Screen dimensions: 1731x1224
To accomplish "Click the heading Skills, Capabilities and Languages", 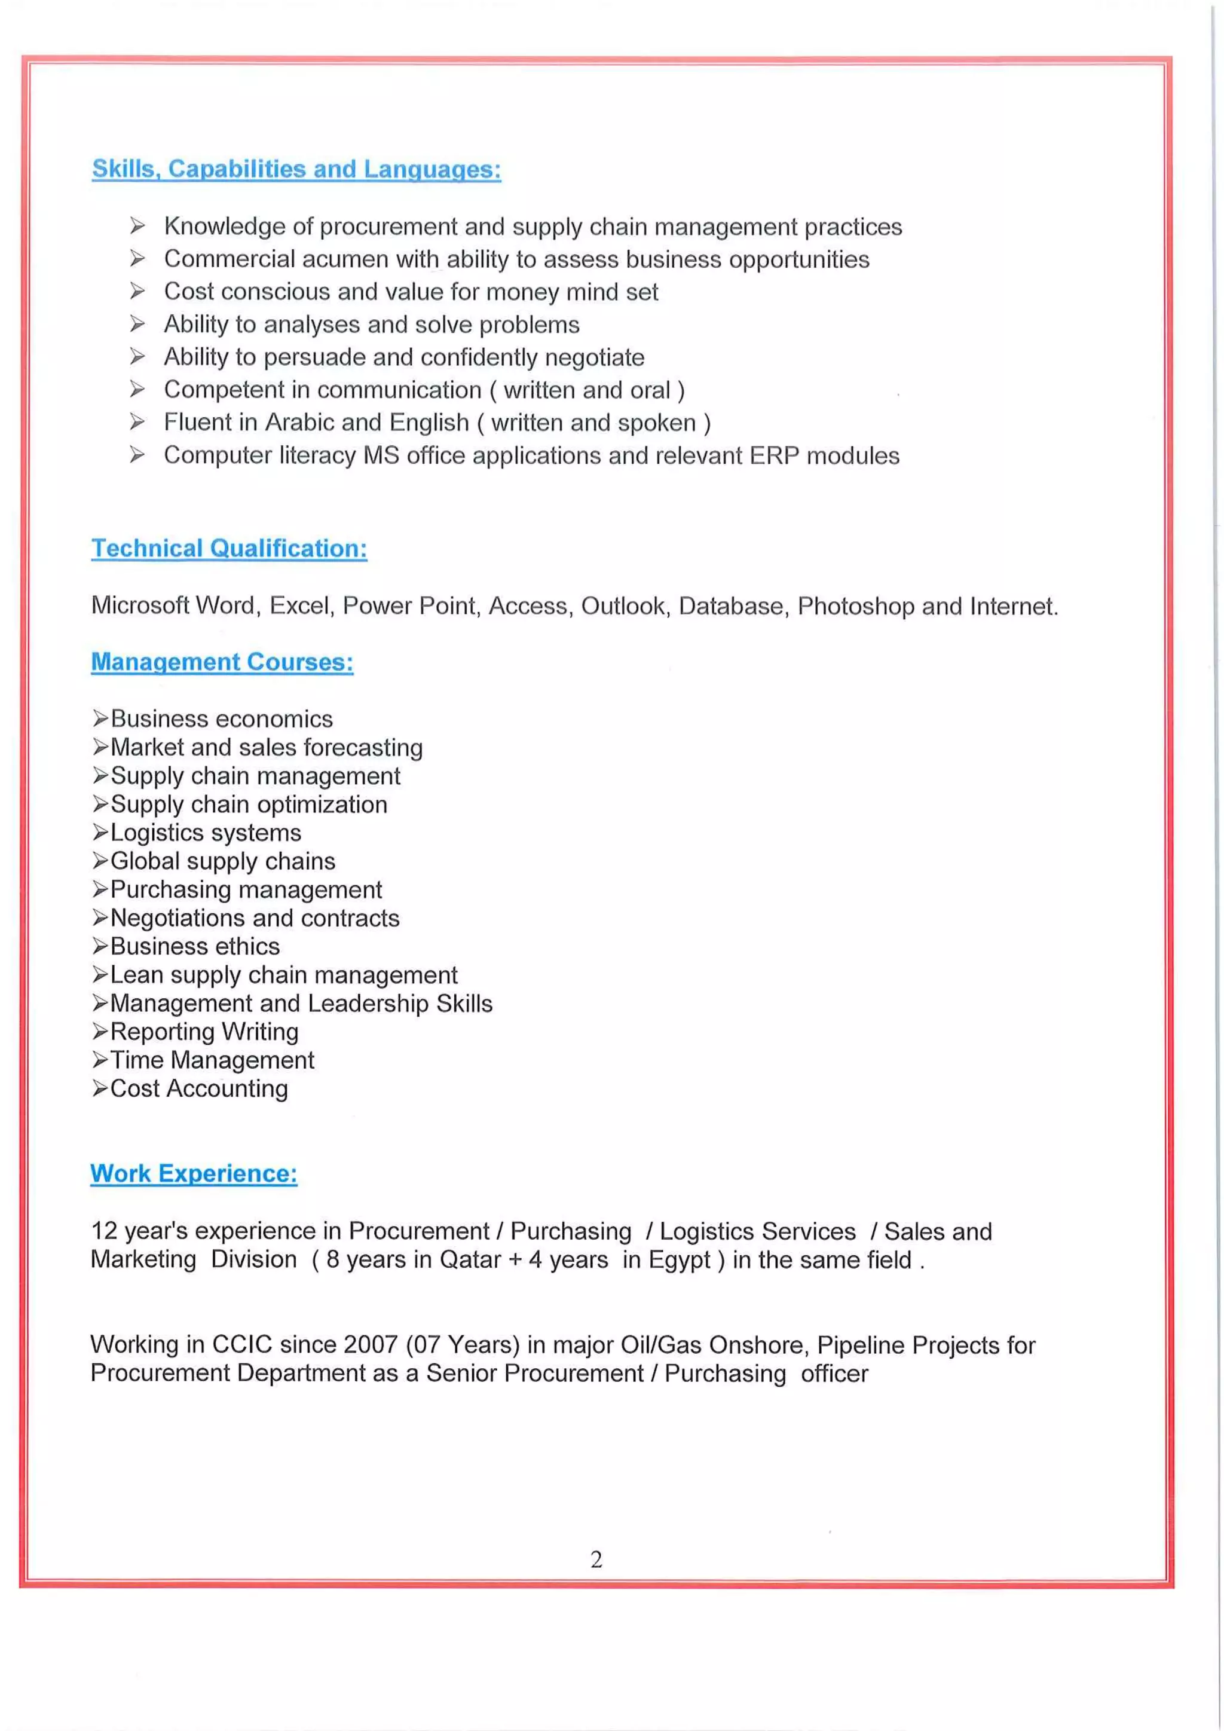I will [296, 169].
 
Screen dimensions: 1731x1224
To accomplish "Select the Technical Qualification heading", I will [229, 548].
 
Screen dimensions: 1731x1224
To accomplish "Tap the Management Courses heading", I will [222, 662].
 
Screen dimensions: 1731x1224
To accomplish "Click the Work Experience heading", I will [194, 1173].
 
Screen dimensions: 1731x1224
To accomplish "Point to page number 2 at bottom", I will [596, 1559].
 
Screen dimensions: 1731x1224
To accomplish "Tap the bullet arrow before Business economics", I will [100, 718].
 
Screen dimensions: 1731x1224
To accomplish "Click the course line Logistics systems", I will [205, 833].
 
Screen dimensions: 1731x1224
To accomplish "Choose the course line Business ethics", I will [194, 946].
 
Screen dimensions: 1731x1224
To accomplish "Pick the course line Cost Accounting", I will [199, 1088].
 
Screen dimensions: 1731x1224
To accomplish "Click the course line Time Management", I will [212, 1060].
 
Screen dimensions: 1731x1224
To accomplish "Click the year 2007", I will [370, 1344].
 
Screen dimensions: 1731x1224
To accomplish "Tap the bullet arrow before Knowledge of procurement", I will [137, 225].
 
